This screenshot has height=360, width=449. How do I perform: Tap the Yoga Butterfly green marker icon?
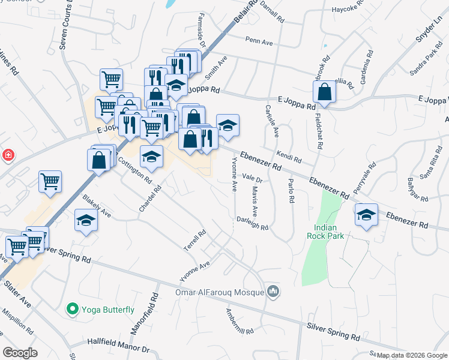coord(73,310)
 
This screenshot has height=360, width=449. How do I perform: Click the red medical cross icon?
coord(8,156)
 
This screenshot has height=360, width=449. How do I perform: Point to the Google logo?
coord(20,352)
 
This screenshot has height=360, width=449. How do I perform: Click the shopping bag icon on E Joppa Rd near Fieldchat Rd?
coord(324,92)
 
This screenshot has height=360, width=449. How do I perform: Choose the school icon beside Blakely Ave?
coord(86,221)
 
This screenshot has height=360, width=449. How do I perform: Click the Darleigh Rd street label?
coord(252,223)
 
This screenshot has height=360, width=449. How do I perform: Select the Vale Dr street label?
coord(253,178)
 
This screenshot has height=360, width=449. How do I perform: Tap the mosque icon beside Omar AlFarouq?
coord(273,291)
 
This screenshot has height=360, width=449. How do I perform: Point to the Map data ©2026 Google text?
coord(412,355)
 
